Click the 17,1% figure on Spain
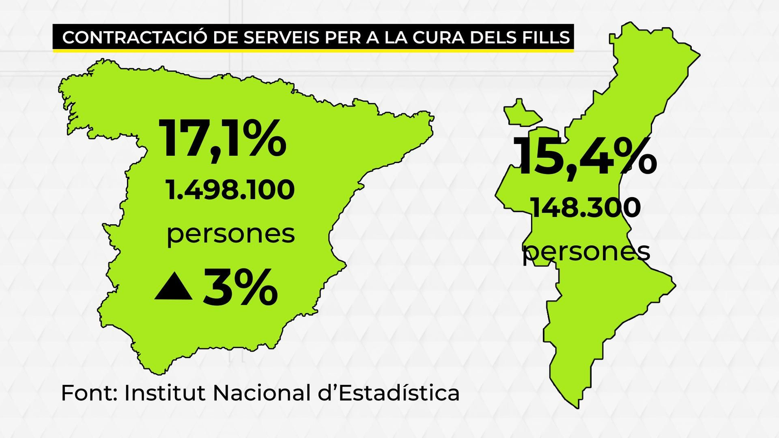point(223,138)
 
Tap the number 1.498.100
point(230,189)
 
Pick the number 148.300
point(586,208)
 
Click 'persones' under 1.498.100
point(231,234)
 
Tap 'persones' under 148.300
point(586,252)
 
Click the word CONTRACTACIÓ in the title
point(135,37)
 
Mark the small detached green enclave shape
point(521,113)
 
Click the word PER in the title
point(340,37)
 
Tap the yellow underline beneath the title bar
point(313,50)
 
